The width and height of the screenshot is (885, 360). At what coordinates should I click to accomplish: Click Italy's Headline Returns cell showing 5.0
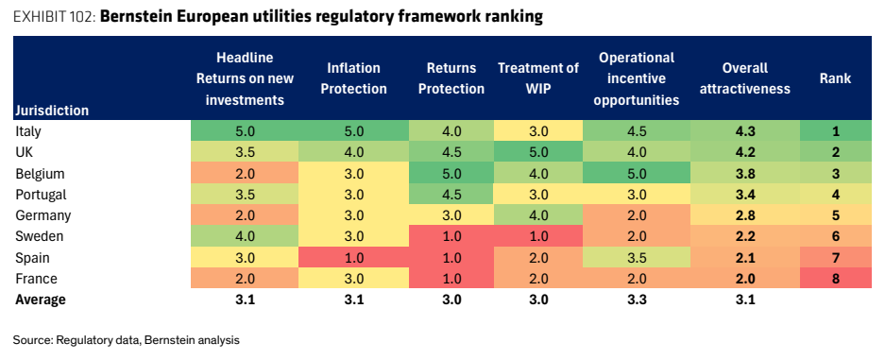tap(245, 131)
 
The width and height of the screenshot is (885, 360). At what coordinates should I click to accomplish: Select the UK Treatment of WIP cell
tap(537, 152)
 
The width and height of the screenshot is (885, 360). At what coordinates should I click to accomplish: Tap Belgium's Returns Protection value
tap(451, 173)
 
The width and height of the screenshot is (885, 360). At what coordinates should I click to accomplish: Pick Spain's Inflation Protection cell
tap(353, 258)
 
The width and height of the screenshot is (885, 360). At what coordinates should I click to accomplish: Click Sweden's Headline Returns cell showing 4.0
tap(245, 236)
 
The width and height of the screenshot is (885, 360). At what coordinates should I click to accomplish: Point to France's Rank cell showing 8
tap(835, 279)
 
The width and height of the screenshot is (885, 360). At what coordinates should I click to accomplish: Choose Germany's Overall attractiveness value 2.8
tap(744, 215)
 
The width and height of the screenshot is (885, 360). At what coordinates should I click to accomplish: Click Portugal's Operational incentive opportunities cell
tap(636, 195)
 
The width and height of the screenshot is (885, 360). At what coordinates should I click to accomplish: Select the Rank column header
tap(835, 78)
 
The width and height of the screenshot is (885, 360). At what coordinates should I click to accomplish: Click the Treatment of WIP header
tap(537, 78)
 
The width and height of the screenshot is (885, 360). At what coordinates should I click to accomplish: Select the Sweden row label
tap(39, 236)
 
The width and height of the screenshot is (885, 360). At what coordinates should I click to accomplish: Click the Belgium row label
tap(40, 173)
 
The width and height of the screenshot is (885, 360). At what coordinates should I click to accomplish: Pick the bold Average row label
tap(40, 300)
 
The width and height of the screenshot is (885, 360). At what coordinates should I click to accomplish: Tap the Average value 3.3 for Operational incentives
tap(636, 300)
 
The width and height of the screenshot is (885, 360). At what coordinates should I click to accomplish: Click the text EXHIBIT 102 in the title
tap(55, 17)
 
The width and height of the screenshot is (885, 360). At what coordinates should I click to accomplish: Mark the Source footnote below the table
tap(127, 340)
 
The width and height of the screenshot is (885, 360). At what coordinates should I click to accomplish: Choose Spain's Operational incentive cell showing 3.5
tap(636, 258)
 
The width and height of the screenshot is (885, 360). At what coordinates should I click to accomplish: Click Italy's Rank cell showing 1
tap(835, 131)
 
